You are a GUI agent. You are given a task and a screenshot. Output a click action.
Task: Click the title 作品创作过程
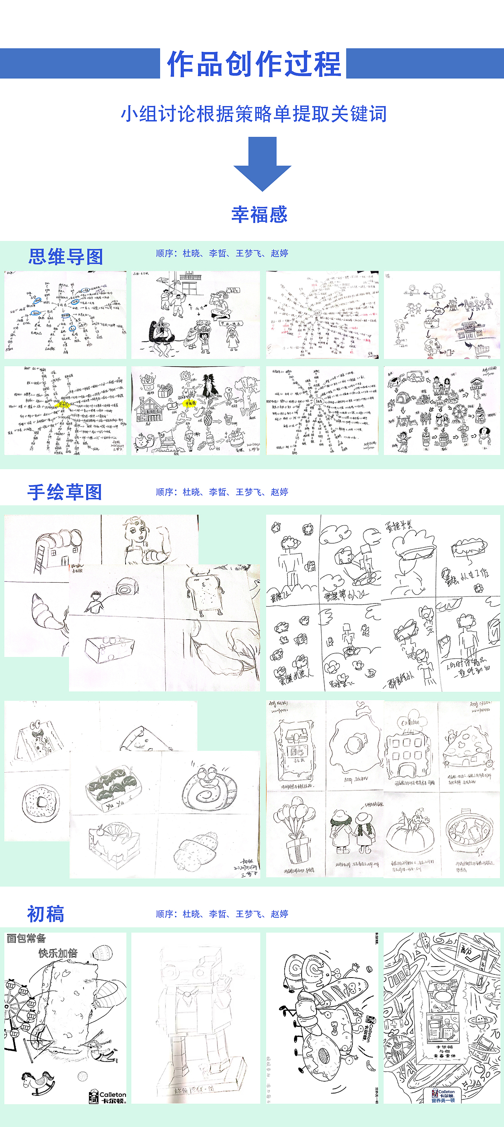point(254,64)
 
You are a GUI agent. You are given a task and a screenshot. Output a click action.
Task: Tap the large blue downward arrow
point(262,163)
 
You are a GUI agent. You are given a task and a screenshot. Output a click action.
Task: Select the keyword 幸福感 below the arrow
point(259,214)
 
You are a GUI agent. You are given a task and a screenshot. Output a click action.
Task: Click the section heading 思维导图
point(66,256)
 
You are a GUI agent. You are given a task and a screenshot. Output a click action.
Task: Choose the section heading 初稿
point(45,913)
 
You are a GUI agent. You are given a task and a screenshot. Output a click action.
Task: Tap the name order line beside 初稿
point(222,914)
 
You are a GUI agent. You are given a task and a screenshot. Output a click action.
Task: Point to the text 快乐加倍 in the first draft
point(58,953)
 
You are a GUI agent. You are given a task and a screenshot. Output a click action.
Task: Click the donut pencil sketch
point(40,801)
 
